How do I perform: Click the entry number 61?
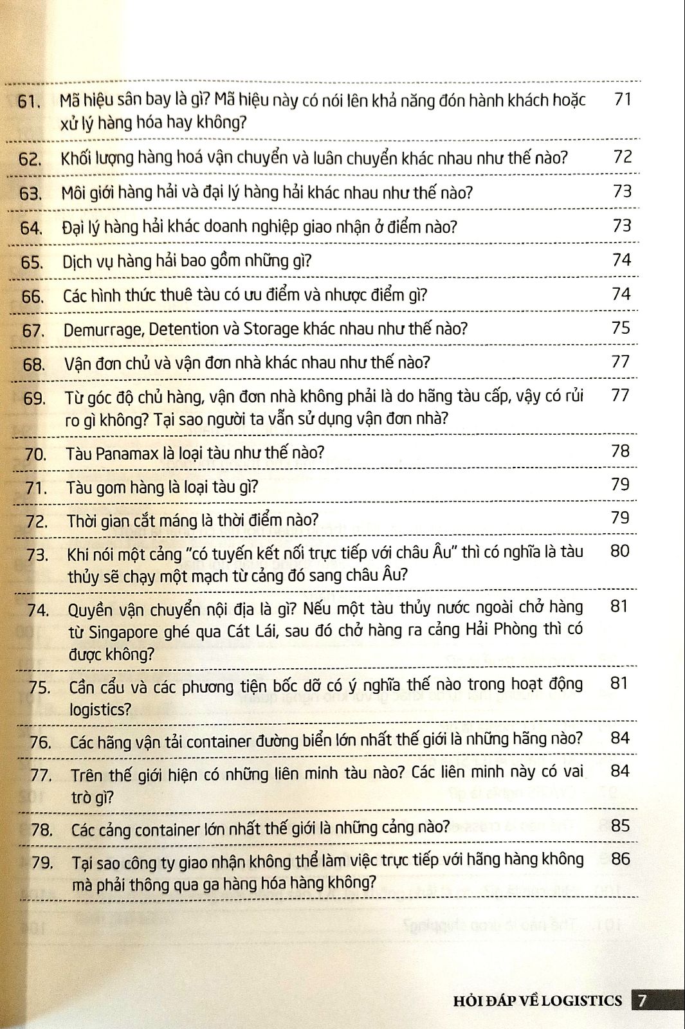tap(30, 102)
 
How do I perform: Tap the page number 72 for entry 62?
tap(623, 156)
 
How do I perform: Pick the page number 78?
tap(620, 451)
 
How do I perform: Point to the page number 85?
tap(620, 825)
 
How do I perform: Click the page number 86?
tap(621, 859)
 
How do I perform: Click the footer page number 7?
tap(643, 1000)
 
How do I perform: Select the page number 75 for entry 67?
tap(621, 327)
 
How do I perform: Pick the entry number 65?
tap(32, 263)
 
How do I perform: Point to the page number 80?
tap(619, 551)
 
